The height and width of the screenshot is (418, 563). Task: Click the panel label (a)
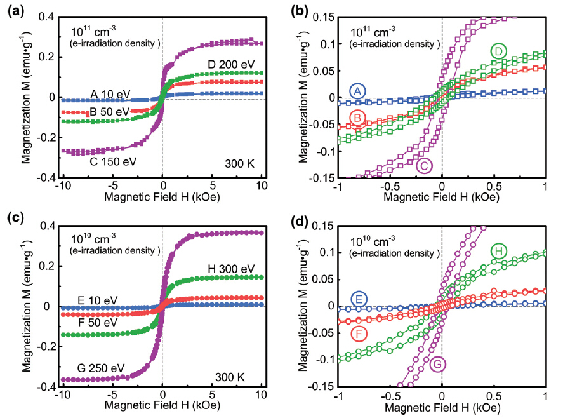pos(15,10)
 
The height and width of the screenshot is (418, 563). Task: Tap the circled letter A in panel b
pos(358,91)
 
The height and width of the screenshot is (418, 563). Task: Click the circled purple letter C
pos(425,166)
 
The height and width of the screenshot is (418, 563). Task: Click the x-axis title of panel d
pos(442,407)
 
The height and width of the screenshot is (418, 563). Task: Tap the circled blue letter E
pos(358,299)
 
